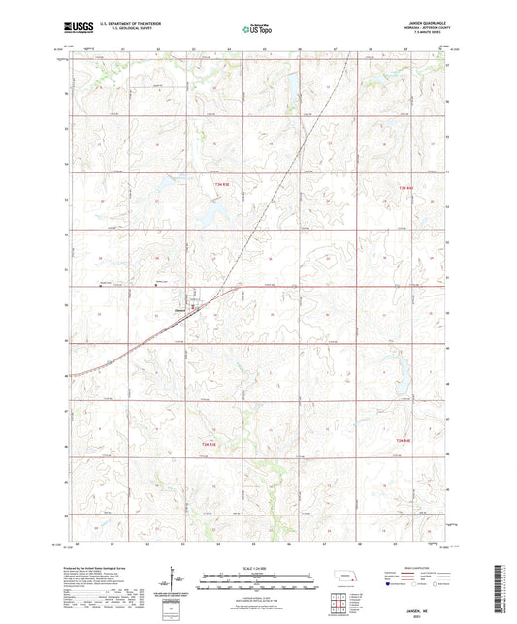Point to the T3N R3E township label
coord(222,184)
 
